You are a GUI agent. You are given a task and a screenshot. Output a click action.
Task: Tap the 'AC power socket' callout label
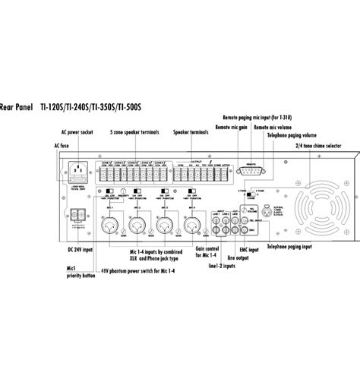click(77, 131)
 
